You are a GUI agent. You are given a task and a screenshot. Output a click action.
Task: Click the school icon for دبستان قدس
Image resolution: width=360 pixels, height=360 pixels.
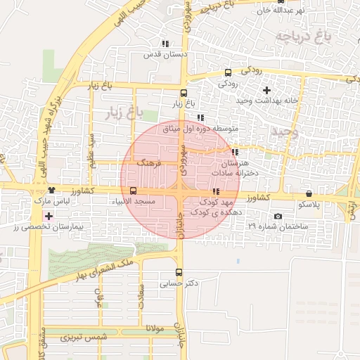coord(165,44)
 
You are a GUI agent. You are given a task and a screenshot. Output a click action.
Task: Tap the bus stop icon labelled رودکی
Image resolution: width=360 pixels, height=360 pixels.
coord(227,72)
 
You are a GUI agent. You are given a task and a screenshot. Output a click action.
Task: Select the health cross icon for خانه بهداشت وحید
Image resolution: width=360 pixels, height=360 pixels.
coord(266,90)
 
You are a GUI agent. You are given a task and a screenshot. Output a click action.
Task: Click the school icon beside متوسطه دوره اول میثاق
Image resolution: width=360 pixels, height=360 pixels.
coord(200,118)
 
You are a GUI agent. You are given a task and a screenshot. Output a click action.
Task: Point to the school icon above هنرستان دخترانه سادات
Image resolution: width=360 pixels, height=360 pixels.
coord(234,151)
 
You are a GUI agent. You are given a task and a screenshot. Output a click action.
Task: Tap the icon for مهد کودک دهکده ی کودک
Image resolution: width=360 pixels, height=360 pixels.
coord(215,191)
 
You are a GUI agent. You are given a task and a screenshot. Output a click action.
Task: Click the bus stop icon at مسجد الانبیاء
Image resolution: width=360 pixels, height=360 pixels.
coord(134,191)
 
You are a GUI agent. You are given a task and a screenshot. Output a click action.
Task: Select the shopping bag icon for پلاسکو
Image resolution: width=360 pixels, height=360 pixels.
coord(309,194)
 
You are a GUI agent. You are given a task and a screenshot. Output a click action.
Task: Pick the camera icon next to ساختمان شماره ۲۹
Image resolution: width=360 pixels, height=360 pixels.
coord(278,217)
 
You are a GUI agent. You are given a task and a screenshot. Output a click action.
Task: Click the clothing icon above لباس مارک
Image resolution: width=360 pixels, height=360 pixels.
coord(51,191)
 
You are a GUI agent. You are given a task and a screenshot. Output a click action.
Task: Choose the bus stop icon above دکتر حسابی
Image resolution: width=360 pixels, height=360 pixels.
coord(179,273)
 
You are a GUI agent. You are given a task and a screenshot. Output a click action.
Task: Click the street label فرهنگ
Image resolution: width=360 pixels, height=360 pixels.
coord(150,162)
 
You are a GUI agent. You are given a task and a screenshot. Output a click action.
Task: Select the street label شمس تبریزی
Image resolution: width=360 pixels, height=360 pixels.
coord(84,338)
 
